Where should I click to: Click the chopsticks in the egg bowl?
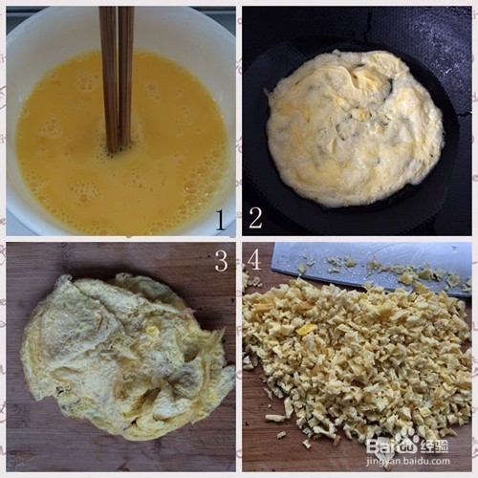[x=117, y=76]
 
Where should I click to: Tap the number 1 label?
[x=221, y=220]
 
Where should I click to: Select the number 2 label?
[x=255, y=218]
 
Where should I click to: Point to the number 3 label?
[x=221, y=259]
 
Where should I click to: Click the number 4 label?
[x=253, y=259]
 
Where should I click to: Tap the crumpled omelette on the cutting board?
[x=124, y=354]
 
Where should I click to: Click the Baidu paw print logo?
[x=408, y=439]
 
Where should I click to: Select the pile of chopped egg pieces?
[x=354, y=363]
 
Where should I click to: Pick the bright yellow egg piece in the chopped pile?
[x=306, y=329]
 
